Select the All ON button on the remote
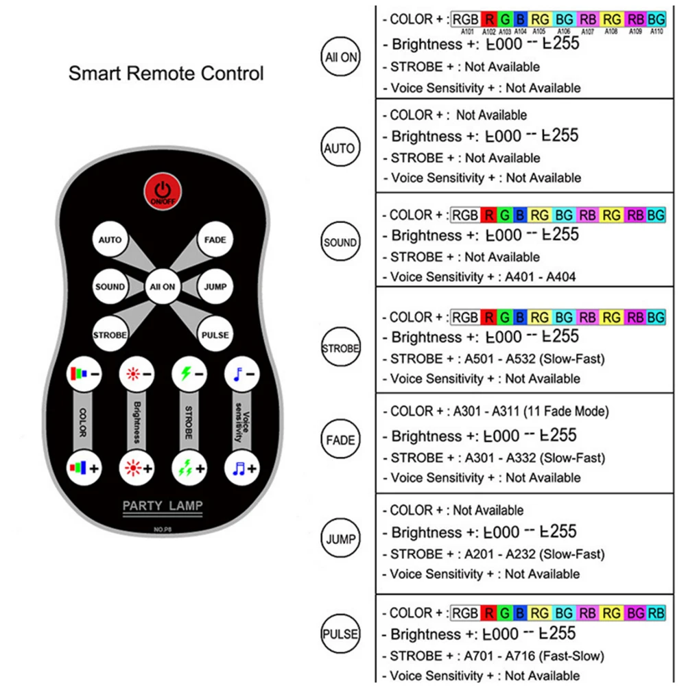click(163, 287)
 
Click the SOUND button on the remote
click(110, 287)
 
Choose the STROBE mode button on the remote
click(110, 335)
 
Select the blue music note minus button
click(241, 375)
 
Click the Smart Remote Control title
click(166, 73)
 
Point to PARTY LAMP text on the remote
click(162, 507)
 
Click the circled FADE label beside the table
click(341, 440)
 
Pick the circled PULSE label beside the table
click(341, 633)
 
